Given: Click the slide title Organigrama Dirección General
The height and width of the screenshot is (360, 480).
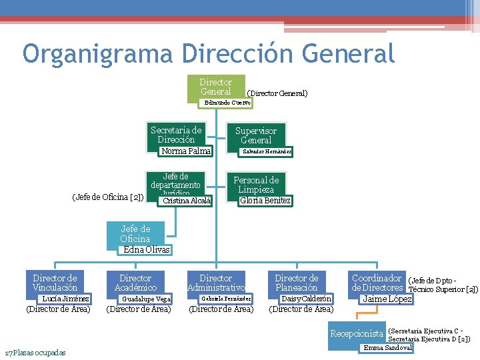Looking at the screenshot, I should click(x=208, y=53).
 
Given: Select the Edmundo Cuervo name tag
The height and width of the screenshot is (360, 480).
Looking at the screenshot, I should click(x=227, y=103).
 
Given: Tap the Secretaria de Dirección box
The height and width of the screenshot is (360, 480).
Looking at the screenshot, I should click(x=176, y=135).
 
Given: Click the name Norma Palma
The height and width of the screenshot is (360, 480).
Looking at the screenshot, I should click(x=186, y=151).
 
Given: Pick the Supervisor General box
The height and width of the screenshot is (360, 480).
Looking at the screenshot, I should click(x=256, y=135).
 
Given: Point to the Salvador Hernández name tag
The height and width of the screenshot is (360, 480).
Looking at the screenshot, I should click(x=266, y=151).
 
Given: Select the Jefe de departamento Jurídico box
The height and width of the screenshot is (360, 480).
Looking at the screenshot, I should click(x=176, y=181).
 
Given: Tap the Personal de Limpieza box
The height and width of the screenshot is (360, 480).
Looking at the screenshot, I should click(x=256, y=185).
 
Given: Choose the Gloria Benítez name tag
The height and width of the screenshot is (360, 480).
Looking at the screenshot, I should click(x=265, y=201).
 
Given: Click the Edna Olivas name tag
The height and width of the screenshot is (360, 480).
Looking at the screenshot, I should click(x=147, y=249).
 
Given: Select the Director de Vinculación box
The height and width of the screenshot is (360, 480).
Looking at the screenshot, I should click(x=55, y=283).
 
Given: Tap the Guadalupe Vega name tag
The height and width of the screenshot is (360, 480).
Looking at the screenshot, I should click(x=146, y=299).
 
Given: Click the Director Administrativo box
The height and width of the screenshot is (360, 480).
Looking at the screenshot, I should click(x=216, y=283).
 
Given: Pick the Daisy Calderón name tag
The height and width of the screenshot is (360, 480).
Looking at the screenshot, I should click(x=306, y=299).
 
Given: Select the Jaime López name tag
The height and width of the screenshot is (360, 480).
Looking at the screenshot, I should click(x=386, y=299).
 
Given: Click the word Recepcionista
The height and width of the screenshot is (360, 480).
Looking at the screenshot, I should click(x=357, y=333).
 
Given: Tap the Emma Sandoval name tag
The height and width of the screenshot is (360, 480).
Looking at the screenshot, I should click(x=387, y=347).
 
